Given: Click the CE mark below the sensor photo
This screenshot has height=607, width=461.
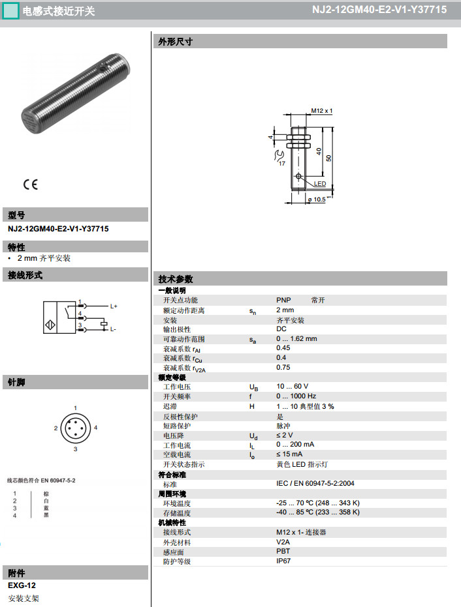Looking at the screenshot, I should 31,185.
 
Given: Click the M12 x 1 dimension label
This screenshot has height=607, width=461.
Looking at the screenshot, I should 321,111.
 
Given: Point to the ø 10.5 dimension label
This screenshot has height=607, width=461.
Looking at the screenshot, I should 316,200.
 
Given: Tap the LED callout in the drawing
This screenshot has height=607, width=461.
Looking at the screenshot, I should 319,184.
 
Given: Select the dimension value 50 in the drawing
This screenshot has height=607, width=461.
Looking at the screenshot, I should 329,158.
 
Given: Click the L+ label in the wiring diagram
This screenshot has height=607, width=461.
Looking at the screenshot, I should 113,306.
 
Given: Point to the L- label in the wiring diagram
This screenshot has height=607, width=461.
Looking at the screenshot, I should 112,329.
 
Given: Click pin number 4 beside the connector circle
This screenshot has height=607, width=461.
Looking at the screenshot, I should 95,427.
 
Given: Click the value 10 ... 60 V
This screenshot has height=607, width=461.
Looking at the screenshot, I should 292,387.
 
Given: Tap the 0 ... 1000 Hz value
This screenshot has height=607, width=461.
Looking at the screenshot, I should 296,396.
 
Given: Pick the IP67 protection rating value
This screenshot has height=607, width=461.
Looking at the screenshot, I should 283,561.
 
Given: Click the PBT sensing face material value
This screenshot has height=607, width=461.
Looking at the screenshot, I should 283,552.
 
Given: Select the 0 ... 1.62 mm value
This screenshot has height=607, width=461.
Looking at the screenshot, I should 296,339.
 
